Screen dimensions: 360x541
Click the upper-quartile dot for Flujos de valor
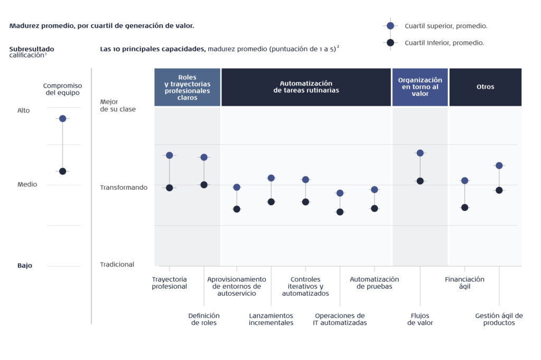(420, 153)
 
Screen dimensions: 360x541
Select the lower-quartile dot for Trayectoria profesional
(170, 188)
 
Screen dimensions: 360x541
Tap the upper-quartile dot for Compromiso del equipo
(62, 118)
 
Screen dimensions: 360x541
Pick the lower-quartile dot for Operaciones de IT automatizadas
(340, 212)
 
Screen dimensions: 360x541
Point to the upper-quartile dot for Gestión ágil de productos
(499, 165)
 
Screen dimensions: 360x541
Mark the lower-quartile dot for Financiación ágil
(464, 207)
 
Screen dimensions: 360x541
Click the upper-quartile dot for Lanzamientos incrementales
(271, 178)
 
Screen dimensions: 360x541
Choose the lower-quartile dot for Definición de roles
(204, 184)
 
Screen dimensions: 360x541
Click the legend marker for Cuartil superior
(390, 25)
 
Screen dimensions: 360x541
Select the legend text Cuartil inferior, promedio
(444, 43)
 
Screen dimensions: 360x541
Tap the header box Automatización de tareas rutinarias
(306, 87)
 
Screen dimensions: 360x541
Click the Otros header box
(485, 87)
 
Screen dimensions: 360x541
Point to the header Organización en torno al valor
(420, 87)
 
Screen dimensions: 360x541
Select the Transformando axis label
(124, 187)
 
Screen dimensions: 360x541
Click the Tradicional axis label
(117, 264)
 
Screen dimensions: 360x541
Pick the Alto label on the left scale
(24, 110)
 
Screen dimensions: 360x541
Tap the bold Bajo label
(25, 265)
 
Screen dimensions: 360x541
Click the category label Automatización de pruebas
(374, 283)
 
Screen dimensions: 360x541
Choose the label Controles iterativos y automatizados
(305, 286)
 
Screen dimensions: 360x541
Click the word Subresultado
(32, 49)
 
